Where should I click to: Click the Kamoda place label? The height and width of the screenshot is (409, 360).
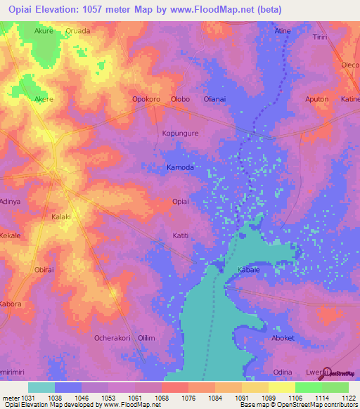[x=179, y=168]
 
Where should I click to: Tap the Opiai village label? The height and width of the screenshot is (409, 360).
[x=181, y=202]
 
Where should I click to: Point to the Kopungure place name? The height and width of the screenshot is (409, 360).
[x=181, y=133]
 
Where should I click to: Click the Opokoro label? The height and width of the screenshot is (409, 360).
[x=146, y=100]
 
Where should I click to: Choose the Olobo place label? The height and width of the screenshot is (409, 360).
[x=181, y=100]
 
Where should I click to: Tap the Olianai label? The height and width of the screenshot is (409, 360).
[x=214, y=100]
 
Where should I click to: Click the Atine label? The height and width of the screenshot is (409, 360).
[x=282, y=32]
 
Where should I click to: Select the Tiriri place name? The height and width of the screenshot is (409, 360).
[x=321, y=37]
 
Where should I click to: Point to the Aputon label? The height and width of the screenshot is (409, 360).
[x=316, y=100]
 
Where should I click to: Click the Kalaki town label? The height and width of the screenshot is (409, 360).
[x=62, y=218]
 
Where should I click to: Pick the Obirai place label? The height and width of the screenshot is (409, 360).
[x=44, y=270]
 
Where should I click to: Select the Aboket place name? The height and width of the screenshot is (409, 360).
[x=283, y=338]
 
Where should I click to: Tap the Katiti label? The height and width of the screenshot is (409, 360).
[x=181, y=236]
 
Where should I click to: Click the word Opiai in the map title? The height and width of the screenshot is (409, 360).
[x=21, y=9]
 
